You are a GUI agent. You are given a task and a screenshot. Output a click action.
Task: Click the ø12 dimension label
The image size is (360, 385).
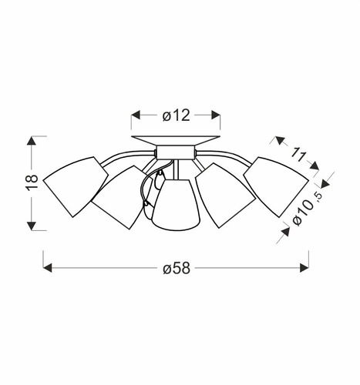pos(176,115)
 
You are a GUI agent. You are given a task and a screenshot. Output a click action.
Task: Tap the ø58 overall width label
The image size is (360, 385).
pos(177,268)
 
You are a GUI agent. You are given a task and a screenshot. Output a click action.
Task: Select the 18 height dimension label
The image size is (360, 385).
pos(32,182)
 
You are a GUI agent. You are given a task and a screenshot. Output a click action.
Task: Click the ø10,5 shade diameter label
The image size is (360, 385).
pos(308,209)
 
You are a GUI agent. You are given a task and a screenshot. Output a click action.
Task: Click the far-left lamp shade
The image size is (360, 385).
pos(76,187)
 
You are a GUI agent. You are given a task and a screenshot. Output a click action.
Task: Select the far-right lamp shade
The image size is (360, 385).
pos(276,187)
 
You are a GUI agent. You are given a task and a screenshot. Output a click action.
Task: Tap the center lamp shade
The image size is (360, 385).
pos(176,205)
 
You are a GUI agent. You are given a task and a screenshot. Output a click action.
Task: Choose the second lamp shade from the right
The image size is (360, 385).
pos(226,196)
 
